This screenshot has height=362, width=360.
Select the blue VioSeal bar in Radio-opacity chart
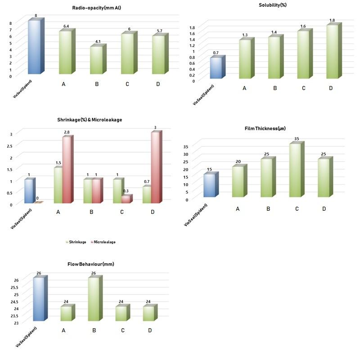(35, 47)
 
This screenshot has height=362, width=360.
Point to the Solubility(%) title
(273, 5)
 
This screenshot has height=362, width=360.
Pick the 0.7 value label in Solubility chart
(216, 53)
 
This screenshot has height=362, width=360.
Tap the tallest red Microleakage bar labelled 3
(155, 167)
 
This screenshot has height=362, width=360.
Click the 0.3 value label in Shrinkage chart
(125, 191)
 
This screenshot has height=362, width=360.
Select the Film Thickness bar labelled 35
(296, 170)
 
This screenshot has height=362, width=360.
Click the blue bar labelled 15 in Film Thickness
(210, 185)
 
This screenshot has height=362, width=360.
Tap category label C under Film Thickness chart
(297, 209)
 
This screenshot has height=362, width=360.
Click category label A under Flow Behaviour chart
(64, 330)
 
